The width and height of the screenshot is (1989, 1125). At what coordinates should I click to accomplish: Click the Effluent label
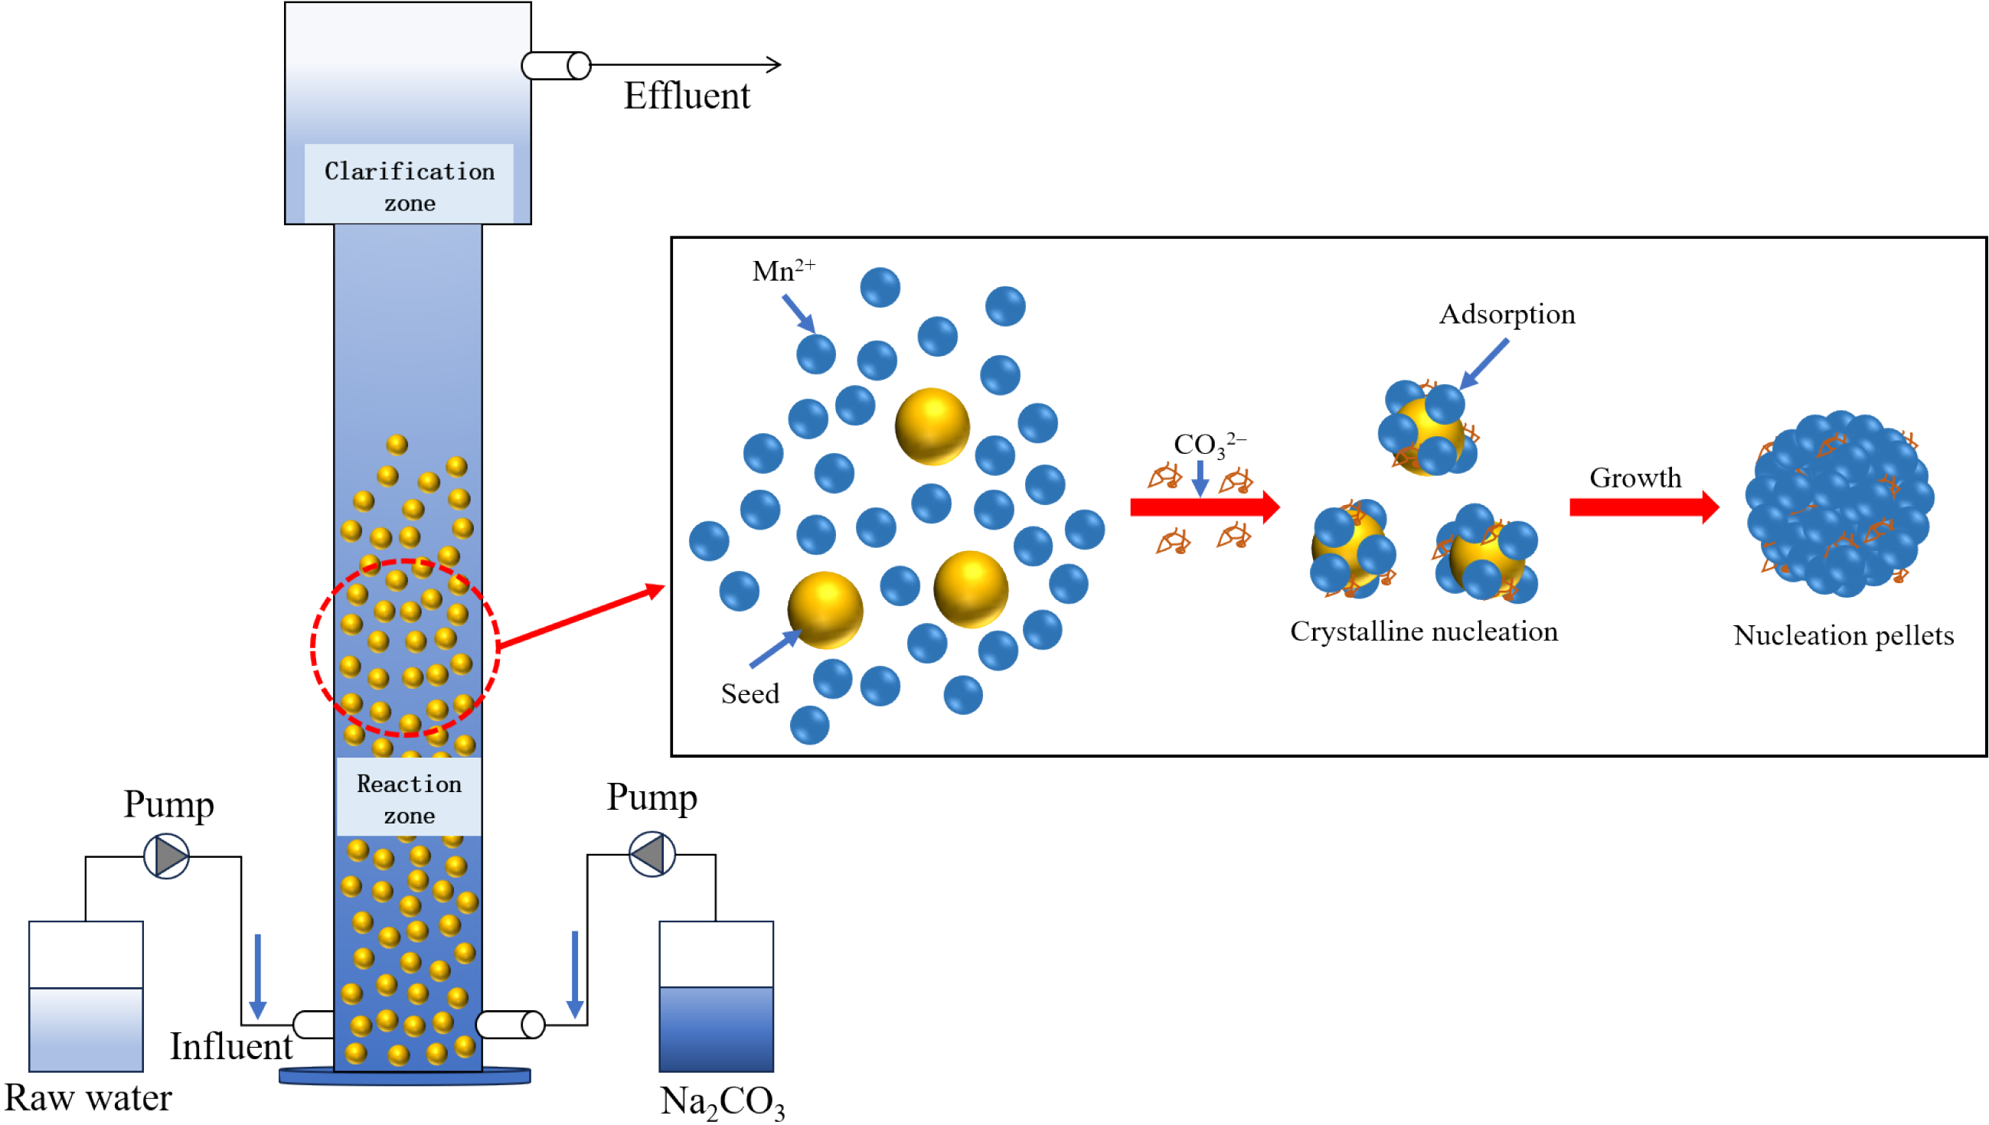[686, 96]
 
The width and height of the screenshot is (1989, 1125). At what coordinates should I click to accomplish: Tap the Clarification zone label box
[409, 185]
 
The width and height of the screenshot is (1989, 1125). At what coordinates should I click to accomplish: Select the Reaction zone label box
[409, 798]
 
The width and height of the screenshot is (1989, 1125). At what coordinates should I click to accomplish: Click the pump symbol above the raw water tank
[167, 856]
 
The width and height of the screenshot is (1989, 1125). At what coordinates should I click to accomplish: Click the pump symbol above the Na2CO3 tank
[652, 854]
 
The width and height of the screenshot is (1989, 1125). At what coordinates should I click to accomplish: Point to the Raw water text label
[88, 1098]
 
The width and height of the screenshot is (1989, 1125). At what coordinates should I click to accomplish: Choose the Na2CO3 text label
[722, 1101]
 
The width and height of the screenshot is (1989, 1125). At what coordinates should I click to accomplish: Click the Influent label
[231, 1047]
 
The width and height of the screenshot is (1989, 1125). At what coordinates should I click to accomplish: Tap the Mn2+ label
[782, 270]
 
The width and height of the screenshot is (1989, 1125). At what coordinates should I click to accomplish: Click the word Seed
[750, 694]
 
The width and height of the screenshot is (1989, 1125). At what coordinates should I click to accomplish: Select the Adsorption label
[1506, 315]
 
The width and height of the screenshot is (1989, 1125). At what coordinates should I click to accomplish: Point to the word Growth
[1635, 478]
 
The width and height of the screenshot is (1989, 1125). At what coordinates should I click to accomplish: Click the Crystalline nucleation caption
[1423, 632]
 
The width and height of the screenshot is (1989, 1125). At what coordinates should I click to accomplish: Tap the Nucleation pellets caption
[1843, 636]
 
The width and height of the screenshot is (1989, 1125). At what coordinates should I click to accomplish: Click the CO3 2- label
[1208, 445]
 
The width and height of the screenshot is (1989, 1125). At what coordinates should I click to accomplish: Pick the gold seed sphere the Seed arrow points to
[825, 610]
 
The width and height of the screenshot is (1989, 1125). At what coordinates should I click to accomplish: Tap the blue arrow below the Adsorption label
[1484, 364]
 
